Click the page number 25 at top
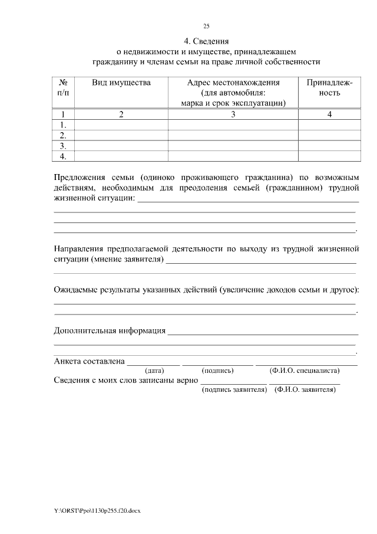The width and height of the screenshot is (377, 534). point(206,26)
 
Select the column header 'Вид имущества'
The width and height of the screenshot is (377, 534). point(121,83)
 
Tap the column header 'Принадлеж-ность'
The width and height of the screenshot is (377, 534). point(329,88)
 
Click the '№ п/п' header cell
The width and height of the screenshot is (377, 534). point(63,88)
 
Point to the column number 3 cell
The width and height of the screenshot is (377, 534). point(233,114)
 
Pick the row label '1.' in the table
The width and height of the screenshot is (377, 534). point(63,125)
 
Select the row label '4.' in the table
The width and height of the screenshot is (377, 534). point(63,156)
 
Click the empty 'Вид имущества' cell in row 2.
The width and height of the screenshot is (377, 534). point(121,135)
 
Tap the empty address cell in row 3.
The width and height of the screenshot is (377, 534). point(233,146)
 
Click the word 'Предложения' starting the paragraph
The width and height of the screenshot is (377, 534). point(80,176)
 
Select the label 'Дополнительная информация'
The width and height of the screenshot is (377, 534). point(110,330)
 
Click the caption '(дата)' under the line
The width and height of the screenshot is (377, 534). point(154,371)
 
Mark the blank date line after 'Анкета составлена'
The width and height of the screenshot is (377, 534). point(153,364)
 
